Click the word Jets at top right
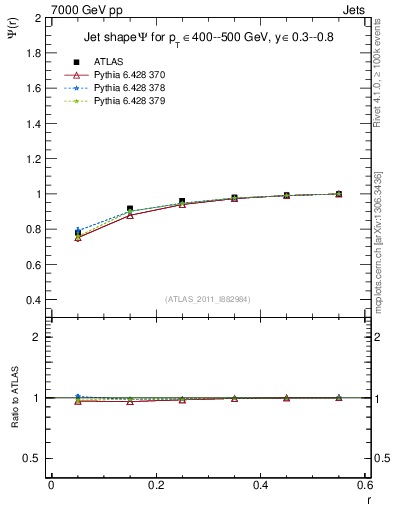pos(353,8)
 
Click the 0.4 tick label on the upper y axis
pos(33,300)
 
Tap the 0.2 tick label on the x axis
pos(155,486)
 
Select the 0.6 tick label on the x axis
pos(364,486)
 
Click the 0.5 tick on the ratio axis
pos(33,458)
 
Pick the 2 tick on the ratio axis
pos(38,337)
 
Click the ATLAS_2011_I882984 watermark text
pos(207,299)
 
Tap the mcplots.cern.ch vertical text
pos(378,240)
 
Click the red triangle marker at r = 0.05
pos(77,238)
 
